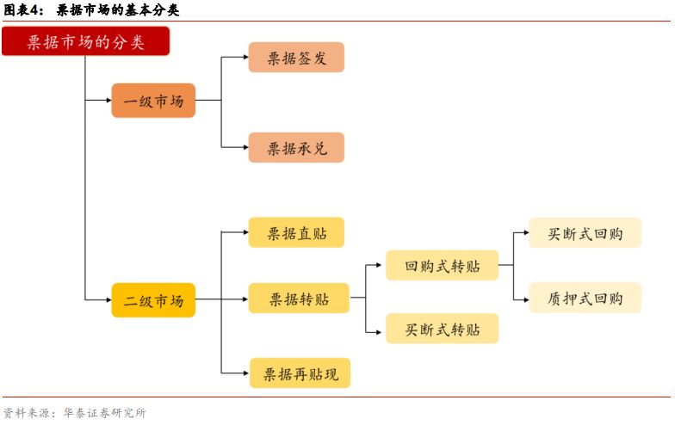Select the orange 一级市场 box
tap(153, 101)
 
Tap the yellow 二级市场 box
tap(153, 300)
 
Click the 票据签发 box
tap(296, 58)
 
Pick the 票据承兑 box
tap(296, 148)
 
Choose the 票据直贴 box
tap(296, 232)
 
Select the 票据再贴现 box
tap(300, 373)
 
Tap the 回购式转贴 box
tap(442, 265)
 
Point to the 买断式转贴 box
tap(442, 330)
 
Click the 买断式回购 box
tap(585, 232)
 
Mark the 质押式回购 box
tap(585, 299)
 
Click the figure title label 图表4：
tap(23, 10)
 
